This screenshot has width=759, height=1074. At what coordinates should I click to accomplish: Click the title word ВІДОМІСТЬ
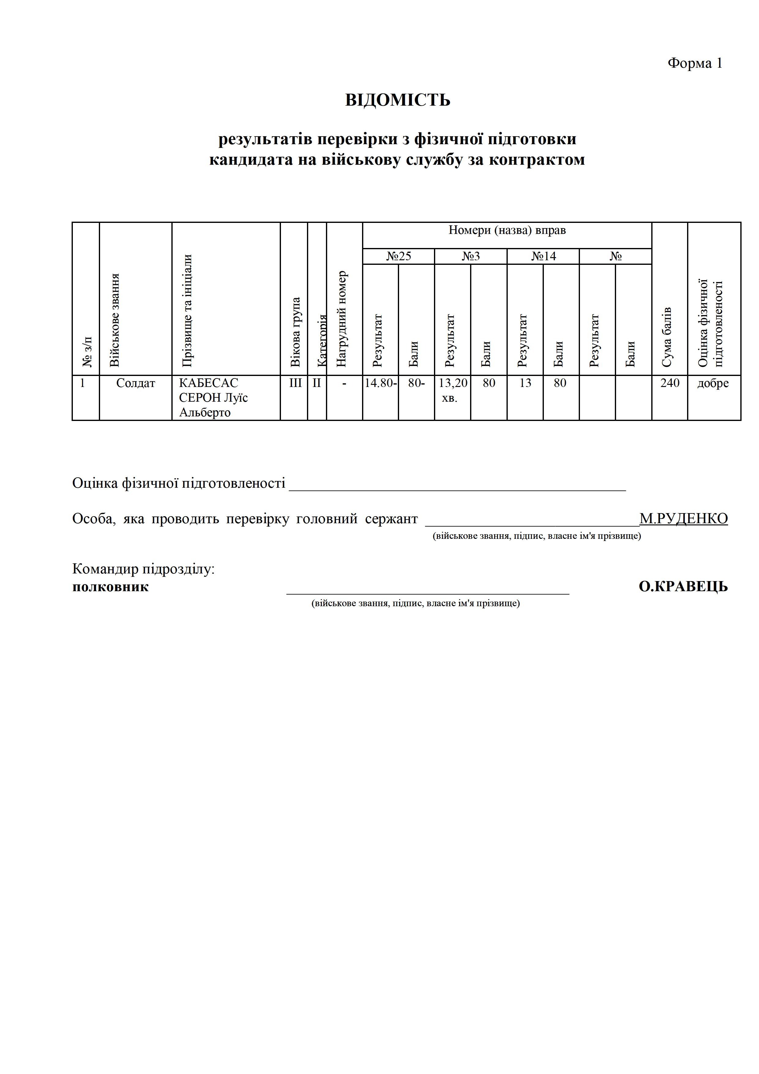pos(398,100)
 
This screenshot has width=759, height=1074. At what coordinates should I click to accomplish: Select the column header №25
pos(398,256)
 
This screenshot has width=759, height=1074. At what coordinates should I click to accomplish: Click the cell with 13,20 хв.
pos(452,390)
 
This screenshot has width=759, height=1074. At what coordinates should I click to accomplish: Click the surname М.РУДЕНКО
pos(683,519)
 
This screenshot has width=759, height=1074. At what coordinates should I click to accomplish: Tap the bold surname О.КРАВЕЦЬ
pos(683,587)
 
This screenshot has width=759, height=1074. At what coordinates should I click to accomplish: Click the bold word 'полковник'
pos(110,587)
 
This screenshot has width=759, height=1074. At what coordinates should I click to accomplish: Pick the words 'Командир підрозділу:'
pos(144,569)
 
